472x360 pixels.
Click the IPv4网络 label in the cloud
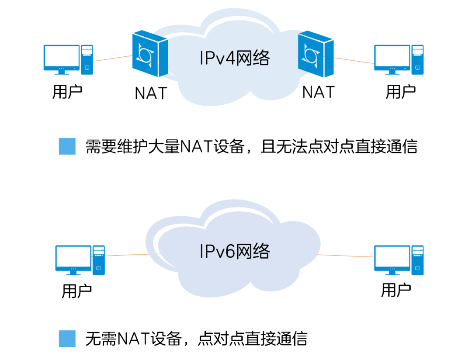[x=235, y=58]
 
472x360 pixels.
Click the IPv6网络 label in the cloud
[x=235, y=251]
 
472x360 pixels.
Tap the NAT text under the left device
[x=151, y=93]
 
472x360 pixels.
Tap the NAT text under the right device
[x=318, y=92]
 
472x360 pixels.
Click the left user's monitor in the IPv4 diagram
[x=62, y=58]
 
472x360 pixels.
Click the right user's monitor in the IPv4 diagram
[x=392, y=58]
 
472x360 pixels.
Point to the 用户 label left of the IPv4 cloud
[x=67, y=92]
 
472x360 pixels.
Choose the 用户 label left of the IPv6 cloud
[x=76, y=291]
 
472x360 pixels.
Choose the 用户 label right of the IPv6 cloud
[x=396, y=290]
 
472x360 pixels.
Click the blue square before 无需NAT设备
[x=67, y=339]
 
